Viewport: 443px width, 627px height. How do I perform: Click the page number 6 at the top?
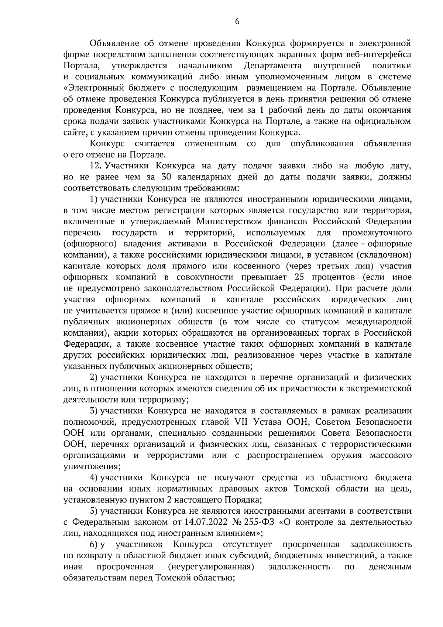(x=237, y=22)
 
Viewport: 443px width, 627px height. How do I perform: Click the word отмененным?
(x=210, y=143)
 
